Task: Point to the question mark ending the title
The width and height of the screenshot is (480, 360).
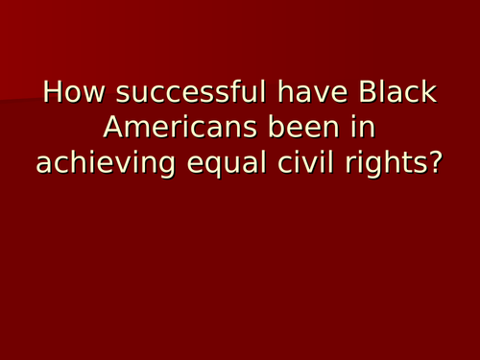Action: click(434, 164)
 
